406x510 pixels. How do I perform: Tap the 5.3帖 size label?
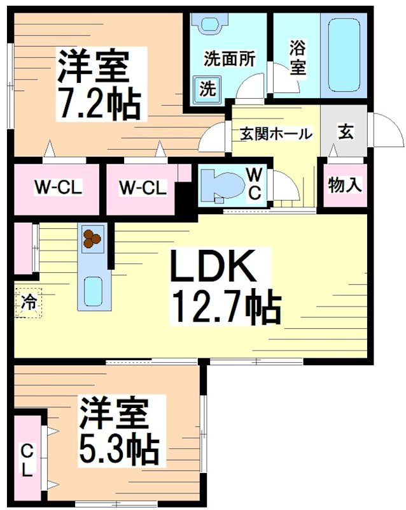pos(119,450)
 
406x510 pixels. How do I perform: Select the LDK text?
pos(213,270)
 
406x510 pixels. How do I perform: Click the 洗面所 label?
pos(230,59)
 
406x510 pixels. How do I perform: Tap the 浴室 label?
pos(297,58)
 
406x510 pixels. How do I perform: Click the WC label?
pos(253,184)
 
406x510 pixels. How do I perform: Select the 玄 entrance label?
pos(345,133)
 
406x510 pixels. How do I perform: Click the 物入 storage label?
pos(346,186)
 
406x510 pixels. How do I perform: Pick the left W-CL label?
pos(59,188)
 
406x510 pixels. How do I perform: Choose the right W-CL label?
pos(143,188)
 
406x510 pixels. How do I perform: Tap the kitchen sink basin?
pos(93,291)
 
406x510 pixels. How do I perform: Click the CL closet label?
pos(27,461)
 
